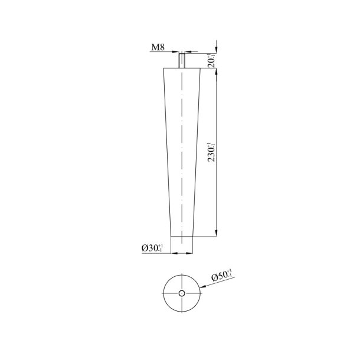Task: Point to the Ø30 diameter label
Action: pyautogui.click(x=152, y=248)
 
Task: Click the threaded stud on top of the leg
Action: pyautogui.click(x=183, y=60)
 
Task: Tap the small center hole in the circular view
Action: pyautogui.click(x=182, y=293)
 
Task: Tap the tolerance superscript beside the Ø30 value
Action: pyautogui.click(x=161, y=247)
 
